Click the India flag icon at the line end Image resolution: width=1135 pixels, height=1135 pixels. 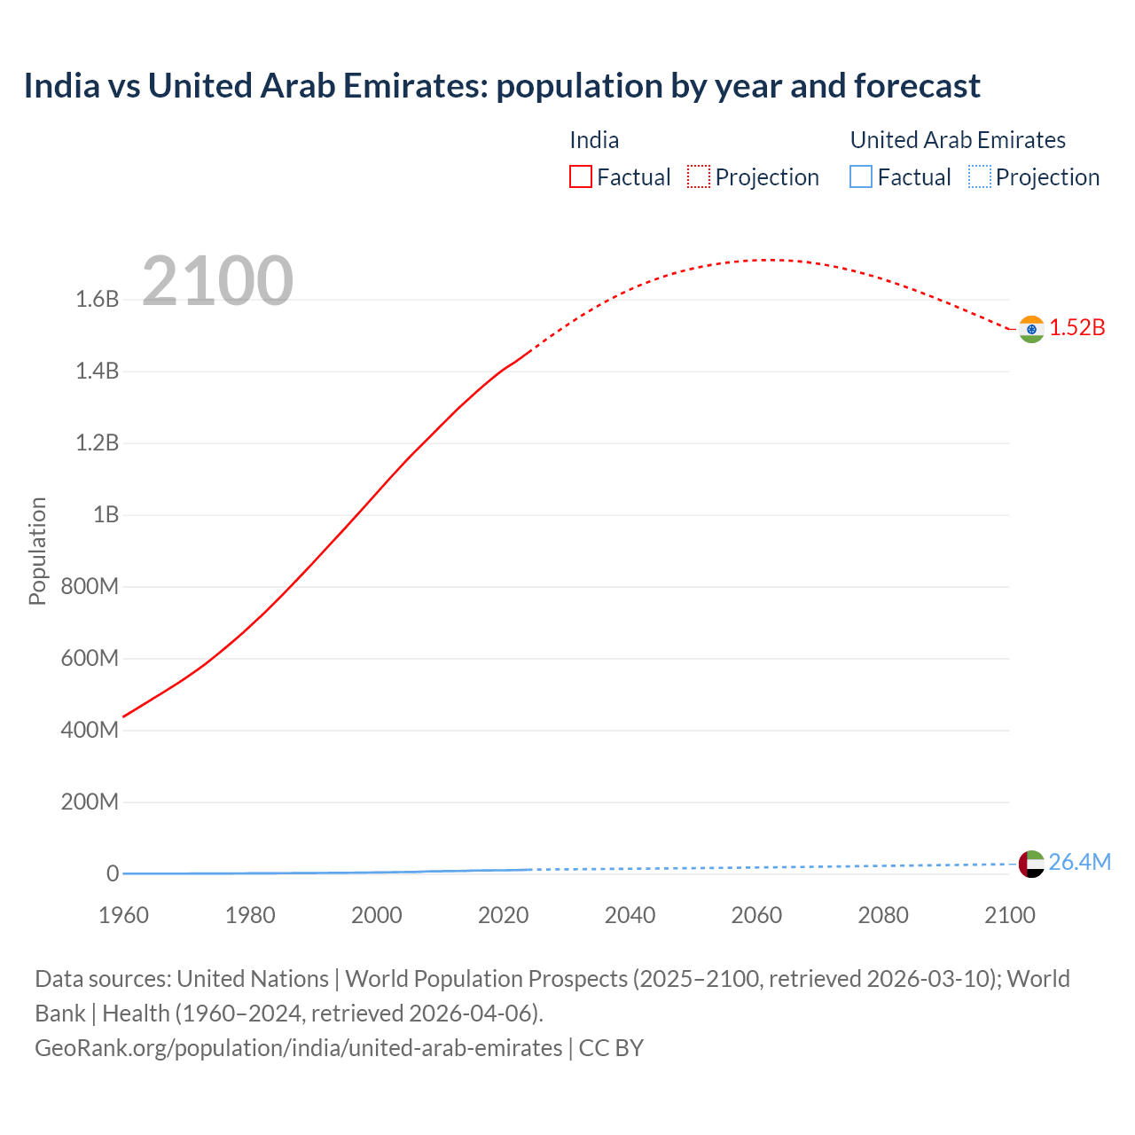click(1030, 329)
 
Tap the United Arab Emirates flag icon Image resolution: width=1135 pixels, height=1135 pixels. click(1030, 864)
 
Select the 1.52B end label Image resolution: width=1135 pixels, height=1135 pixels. click(1077, 328)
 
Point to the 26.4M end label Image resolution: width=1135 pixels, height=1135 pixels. click(1079, 862)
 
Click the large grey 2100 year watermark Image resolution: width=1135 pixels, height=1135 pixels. click(217, 281)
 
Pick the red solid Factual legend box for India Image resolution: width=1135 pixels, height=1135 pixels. click(580, 177)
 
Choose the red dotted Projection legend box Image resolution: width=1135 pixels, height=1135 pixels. click(699, 177)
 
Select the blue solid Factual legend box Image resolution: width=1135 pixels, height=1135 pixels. click(860, 177)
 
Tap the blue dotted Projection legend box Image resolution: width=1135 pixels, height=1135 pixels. click(979, 177)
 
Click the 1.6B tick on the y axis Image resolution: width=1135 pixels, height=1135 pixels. click(98, 300)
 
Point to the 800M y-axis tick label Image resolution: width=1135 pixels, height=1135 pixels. click(90, 587)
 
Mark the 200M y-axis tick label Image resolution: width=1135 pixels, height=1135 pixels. click(90, 802)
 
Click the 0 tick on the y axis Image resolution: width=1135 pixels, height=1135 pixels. click(113, 874)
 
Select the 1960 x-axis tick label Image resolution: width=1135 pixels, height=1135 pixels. click(123, 915)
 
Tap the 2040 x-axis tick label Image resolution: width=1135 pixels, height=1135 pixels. click(630, 915)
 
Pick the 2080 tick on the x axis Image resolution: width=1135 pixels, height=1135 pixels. click(883, 915)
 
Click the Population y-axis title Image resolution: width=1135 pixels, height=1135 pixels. click(37, 551)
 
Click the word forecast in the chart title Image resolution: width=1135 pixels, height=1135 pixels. click(917, 86)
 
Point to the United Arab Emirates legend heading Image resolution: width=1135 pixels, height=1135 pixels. click(958, 140)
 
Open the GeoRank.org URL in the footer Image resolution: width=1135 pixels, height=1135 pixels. click(298, 1048)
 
